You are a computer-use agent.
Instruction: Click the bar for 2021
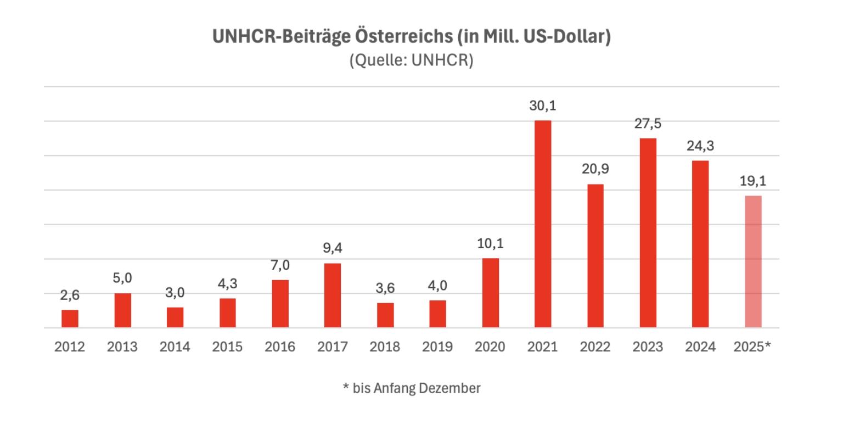coord(542,224)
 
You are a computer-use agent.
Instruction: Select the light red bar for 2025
coord(753,261)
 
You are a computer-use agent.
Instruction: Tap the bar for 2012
coord(70,319)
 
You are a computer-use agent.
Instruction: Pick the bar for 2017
coord(333,295)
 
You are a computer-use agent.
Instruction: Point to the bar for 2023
coord(648,233)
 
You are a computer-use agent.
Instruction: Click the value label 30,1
coord(542,106)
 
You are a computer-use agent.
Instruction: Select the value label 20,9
coord(595,169)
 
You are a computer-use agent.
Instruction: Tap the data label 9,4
coord(333,249)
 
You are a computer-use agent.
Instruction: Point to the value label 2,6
coord(70,295)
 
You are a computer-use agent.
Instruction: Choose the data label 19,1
coord(753,181)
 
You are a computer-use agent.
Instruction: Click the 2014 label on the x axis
coord(175,347)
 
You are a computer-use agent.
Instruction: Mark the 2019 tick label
coord(437,347)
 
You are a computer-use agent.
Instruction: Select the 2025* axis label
coord(752,347)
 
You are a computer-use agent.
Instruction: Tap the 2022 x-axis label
coord(595,347)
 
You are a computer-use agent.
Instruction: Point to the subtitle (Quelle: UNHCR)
coord(411,60)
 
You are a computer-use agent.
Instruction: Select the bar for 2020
coord(490,293)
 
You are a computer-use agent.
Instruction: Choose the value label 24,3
coord(700,146)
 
